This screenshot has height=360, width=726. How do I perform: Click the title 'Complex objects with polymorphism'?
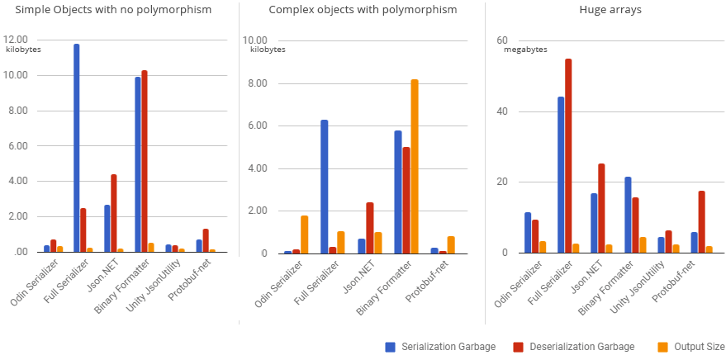(363, 10)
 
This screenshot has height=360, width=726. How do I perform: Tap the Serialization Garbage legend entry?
(440, 347)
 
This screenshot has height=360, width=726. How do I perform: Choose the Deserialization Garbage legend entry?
(573, 347)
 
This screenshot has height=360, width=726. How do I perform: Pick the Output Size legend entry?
(692, 347)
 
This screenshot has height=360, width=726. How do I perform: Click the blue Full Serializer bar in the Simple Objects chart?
(77, 149)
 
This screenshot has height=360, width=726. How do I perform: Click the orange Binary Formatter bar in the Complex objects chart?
(415, 166)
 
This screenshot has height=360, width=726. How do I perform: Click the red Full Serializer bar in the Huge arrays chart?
(568, 156)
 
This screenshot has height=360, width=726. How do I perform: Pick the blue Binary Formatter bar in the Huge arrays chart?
(628, 215)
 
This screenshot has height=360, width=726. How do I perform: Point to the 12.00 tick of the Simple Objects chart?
(16, 40)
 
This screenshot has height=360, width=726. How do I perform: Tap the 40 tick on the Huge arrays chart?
(501, 112)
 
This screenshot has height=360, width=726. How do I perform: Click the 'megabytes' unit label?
(525, 50)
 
